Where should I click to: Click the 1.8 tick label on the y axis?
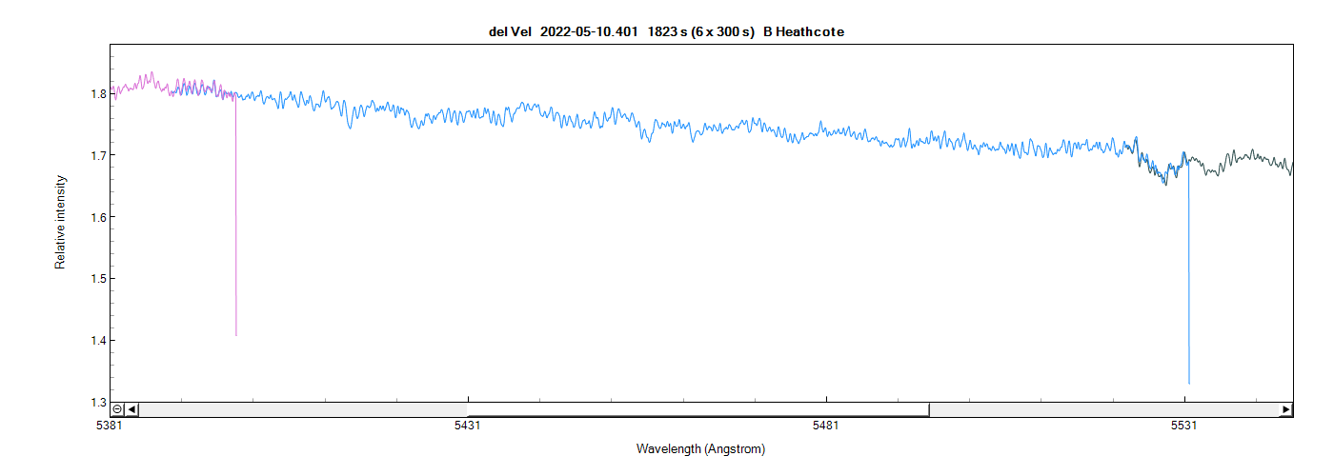tap(97, 94)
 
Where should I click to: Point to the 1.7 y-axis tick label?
tap(97, 155)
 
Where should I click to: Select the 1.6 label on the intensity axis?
tap(97, 217)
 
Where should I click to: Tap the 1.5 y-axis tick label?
tap(97, 279)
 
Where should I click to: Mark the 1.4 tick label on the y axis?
tap(97, 341)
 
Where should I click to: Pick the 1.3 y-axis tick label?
tap(97, 403)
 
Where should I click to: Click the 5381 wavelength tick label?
tap(110, 427)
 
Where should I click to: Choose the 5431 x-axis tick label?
tap(468, 427)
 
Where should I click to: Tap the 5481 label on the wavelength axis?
tap(826, 427)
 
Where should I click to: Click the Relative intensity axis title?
tap(61, 222)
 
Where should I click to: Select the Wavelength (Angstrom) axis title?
tap(700, 448)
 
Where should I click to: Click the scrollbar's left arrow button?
tap(132, 409)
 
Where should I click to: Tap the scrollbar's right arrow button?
tap(1286, 409)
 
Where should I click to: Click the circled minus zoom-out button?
tap(117, 409)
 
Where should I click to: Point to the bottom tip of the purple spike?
tap(236, 335)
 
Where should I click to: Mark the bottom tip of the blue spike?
tap(1189, 383)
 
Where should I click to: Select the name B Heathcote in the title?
tap(803, 31)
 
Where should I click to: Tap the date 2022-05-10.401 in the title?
tap(590, 31)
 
